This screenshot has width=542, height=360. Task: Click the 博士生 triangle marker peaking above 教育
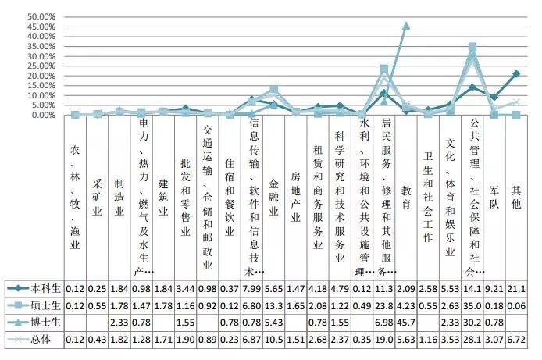point(405,25)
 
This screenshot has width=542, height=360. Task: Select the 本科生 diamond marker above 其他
point(516,73)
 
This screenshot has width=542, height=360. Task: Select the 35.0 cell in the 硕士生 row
point(472,306)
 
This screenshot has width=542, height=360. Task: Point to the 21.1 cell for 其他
point(516,288)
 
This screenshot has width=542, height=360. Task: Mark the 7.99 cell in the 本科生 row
point(251,288)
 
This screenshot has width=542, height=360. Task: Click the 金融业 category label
point(273,196)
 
